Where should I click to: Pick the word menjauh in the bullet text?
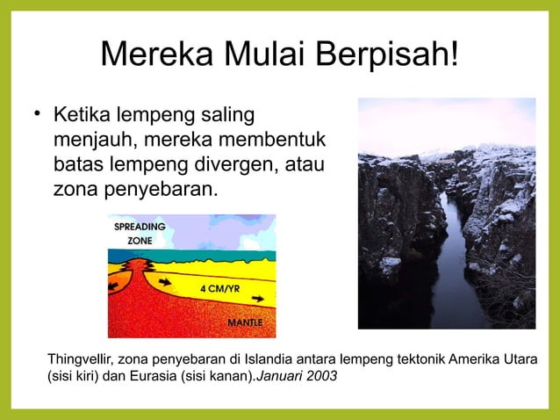[90, 140]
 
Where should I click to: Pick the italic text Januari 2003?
[296, 376]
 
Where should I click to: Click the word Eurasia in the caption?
[151, 376]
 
